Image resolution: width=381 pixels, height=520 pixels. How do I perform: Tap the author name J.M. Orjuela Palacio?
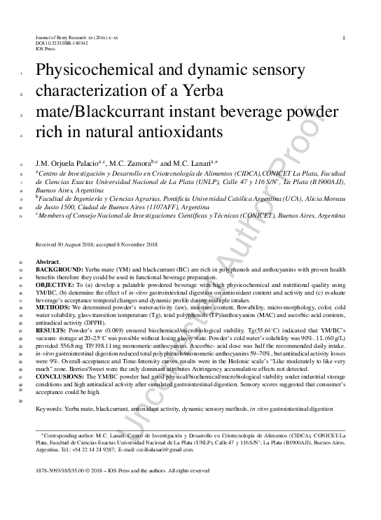[64, 163]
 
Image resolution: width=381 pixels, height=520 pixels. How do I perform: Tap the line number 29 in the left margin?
[22, 400]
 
